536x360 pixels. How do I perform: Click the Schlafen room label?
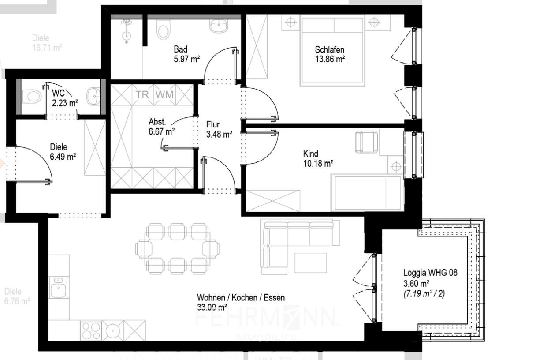tap(329, 49)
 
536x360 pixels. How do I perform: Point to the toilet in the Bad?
tap(163, 30)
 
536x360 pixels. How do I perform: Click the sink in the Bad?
tap(218, 26)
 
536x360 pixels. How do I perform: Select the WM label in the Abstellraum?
tap(164, 94)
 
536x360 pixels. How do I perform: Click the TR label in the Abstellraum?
tap(142, 94)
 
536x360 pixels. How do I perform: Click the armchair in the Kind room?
tap(366, 142)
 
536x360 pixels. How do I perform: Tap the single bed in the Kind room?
tap(367, 193)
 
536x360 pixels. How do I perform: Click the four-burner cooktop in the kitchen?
tap(91, 330)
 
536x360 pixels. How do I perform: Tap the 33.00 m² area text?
tap(212, 307)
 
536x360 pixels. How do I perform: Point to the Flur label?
tap(212, 125)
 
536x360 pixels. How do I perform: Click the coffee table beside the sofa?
tap(311, 262)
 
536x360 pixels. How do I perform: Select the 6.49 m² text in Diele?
tap(63, 156)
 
